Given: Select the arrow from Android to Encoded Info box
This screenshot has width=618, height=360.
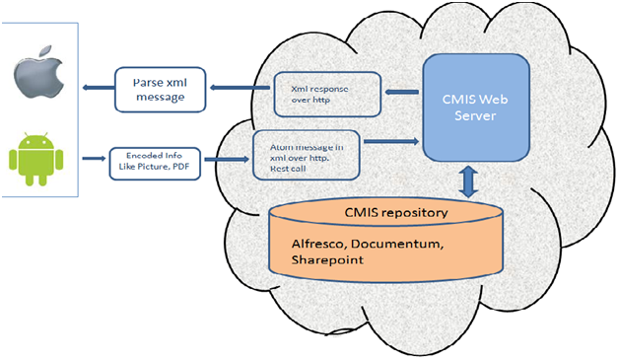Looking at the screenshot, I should pos(91,157).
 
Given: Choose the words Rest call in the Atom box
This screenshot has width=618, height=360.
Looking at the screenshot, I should pos(290,171).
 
